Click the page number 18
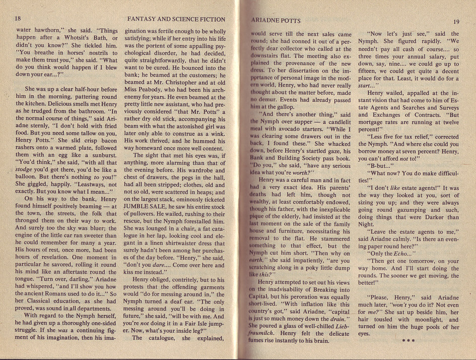pos(18,19)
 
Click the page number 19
pos(456,22)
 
